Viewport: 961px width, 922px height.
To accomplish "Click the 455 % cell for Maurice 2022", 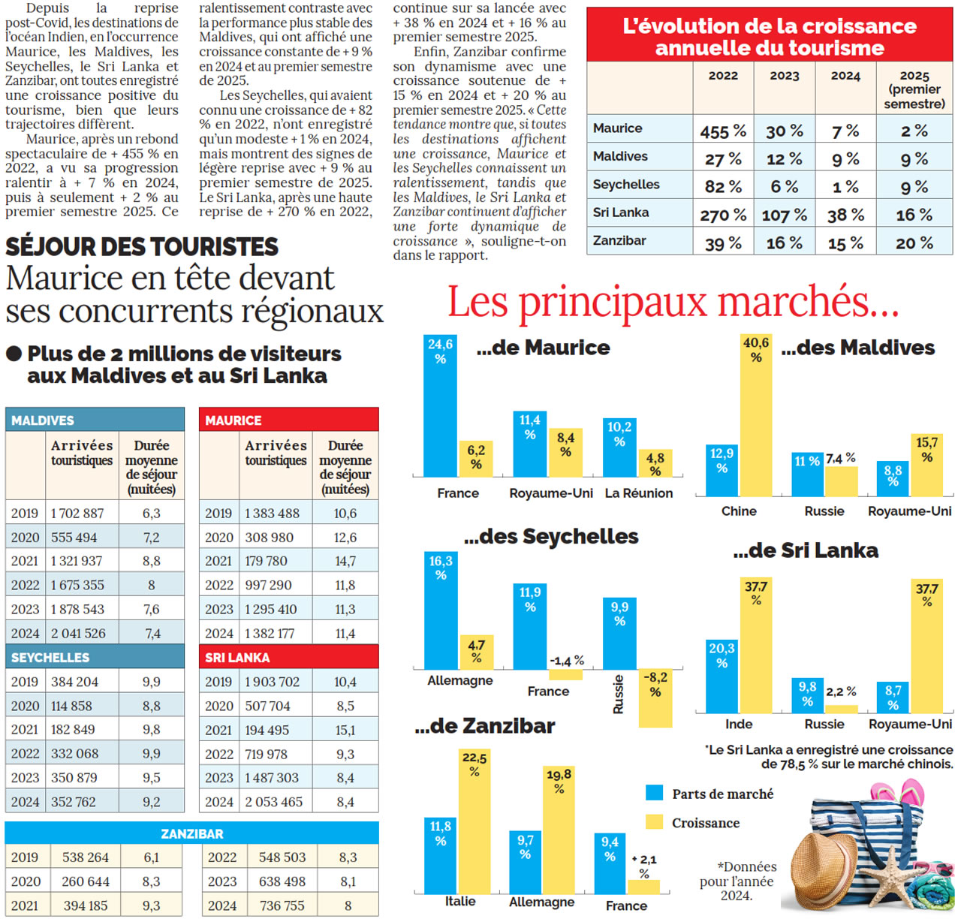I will pyautogui.click(x=723, y=131).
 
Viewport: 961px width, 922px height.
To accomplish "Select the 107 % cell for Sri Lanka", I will pyautogui.click(x=784, y=215).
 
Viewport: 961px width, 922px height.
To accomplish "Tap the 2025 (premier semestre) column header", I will pyautogui.click(x=914, y=89).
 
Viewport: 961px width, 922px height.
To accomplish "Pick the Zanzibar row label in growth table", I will pyautogui.click(x=619, y=241).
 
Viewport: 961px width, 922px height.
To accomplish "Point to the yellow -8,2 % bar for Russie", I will pyautogui.click(x=655, y=699).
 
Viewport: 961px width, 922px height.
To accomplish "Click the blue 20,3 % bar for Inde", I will pyautogui.click(x=722, y=676).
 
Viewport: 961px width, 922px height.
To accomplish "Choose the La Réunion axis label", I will pyautogui.click(x=639, y=493).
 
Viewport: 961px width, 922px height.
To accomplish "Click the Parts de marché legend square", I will pyautogui.click(x=655, y=793).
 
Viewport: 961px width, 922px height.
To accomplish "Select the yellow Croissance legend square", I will pyautogui.click(x=655, y=821).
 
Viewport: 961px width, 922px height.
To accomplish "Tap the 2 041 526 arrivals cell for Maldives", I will pyautogui.click(x=78, y=634).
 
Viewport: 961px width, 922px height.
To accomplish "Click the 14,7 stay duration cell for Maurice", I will pyautogui.click(x=345, y=561).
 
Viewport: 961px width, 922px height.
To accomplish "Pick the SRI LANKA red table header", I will pyautogui.click(x=288, y=657).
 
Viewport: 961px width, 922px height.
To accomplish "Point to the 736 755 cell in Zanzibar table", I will pyautogui.click(x=282, y=905).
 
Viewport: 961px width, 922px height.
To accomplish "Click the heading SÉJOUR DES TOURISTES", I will pyautogui.click(x=142, y=246).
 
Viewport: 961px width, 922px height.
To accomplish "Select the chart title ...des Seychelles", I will pyautogui.click(x=551, y=536).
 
